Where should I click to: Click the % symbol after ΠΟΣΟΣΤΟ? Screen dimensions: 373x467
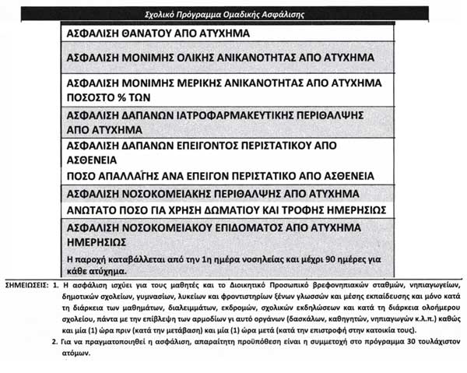(132, 98)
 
